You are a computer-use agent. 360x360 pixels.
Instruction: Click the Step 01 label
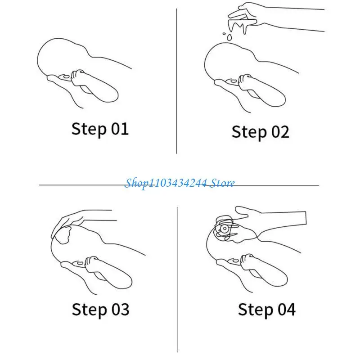(x=100, y=129)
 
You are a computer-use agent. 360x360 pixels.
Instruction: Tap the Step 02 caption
(x=261, y=132)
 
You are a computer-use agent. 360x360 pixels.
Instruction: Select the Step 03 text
(x=100, y=310)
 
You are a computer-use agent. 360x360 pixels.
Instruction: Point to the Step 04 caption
(x=266, y=310)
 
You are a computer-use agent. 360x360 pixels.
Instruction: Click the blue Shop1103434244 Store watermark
(x=180, y=183)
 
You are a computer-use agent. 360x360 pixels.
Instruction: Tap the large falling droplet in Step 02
(x=229, y=37)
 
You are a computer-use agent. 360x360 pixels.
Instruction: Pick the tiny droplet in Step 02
(x=224, y=34)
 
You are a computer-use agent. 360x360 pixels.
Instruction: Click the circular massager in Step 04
(x=224, y=229)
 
